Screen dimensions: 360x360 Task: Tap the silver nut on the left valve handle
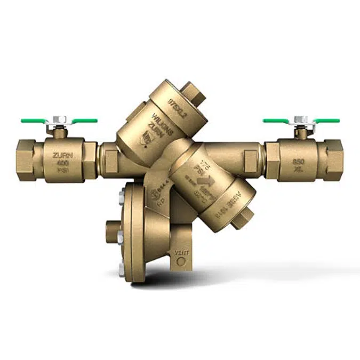60,118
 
